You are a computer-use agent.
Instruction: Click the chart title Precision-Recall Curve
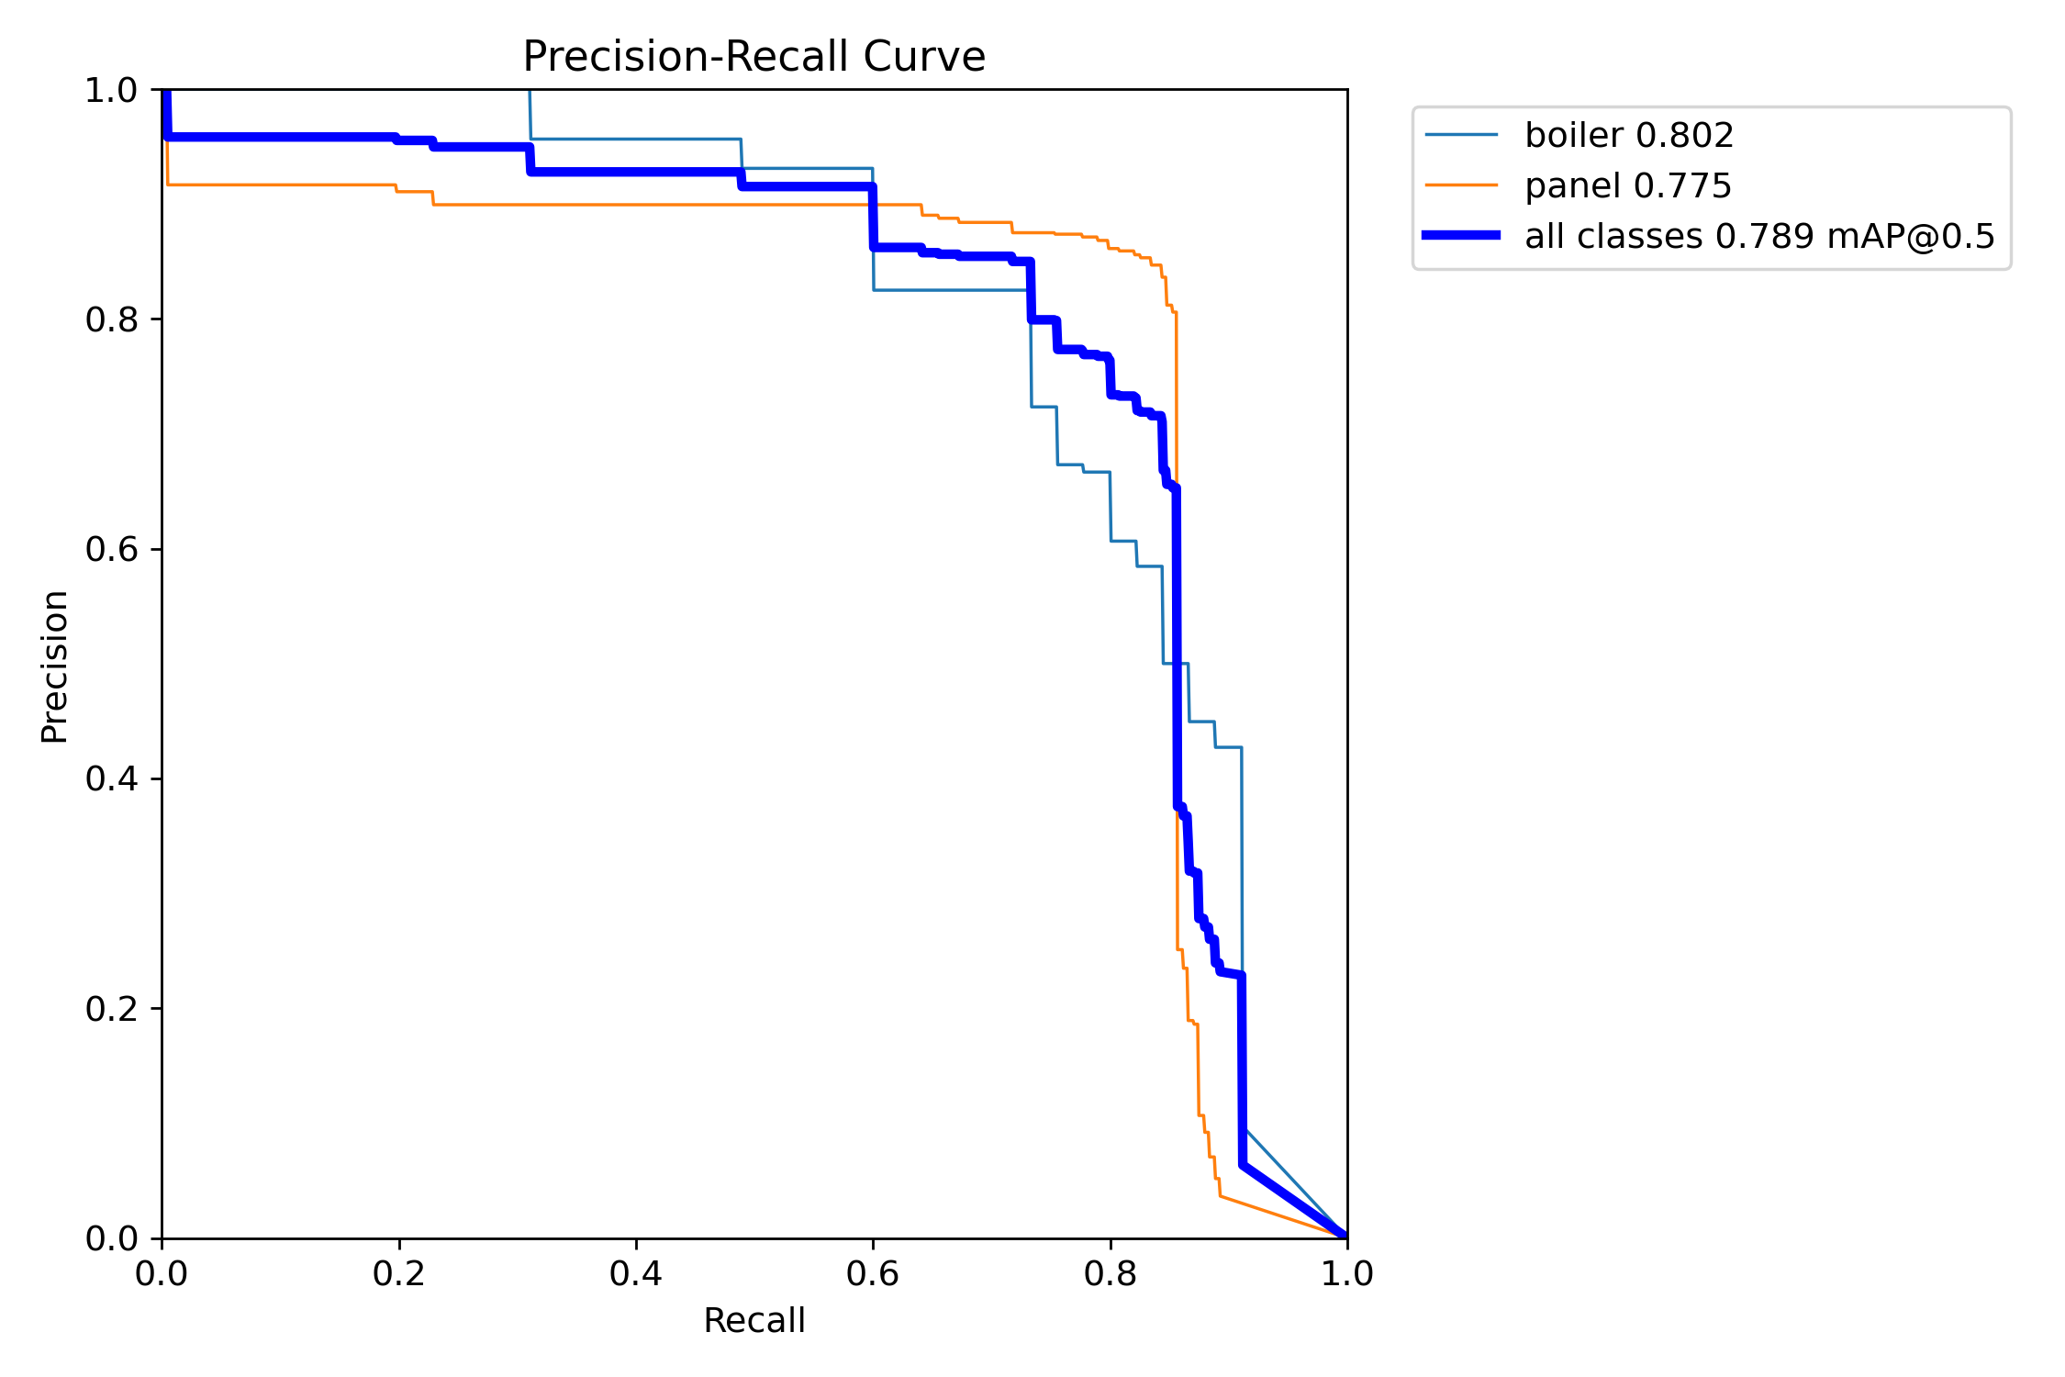click(x=753, y=57)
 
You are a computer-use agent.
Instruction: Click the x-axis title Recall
click(x=753, y=1321)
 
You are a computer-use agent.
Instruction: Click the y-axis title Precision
click(x=54, y=666)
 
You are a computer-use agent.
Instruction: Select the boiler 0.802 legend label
click(x=1629, y=135)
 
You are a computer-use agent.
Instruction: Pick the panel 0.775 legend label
click(x=1627, y=185)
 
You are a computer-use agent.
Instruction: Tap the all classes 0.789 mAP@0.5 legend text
click(x=1759, y=236)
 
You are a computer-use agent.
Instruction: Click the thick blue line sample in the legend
click(x=1461, y=236)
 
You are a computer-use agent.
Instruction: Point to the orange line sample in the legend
click(x=1461, y=185)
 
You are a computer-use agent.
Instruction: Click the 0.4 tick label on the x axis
click(x=636, y=1273)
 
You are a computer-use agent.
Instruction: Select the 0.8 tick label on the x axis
click(x=1111, y=1273)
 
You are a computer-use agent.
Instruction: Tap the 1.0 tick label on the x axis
click(x=1346, y=1273)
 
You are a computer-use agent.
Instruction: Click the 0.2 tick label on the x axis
click(x=399, y=1273)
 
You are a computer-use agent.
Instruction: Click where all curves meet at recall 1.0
click(x=1345, y=1236)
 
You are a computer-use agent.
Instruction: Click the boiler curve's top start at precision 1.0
click(x=530, y=92)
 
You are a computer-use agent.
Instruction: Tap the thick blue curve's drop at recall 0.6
click(x=873, y=217)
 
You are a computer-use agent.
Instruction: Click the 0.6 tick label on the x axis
click(x=873, y=1273)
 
